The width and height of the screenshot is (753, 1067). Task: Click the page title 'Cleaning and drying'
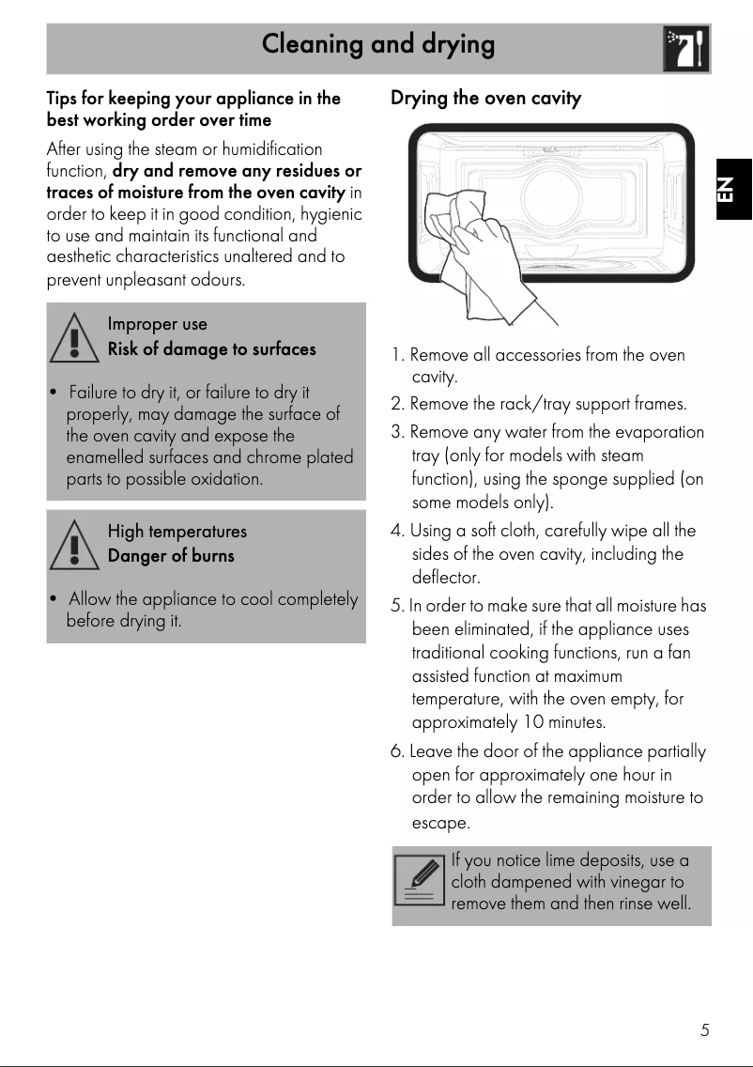pyautogui.click(x=377, y=44)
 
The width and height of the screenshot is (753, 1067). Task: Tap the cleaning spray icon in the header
pyautogui.click(x=685, y=49)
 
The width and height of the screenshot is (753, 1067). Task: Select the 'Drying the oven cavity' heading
pyautogui.click(x=485, y=99)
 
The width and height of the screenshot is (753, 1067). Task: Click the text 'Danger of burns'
pyautogui.click(x=171, y=556)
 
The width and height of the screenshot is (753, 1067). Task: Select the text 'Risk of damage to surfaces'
pyautogui.click(x=211, y=349)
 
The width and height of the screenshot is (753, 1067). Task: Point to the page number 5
pyautogui.click(x=703, y=1030)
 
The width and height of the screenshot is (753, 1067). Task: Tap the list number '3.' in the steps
pyautogui.click(x=398, y=433)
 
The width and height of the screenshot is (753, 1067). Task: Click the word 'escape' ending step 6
pyautogui.click(x=440, y=824)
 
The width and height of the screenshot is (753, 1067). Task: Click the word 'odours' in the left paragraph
pyautogui.click(x=217, y=281)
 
